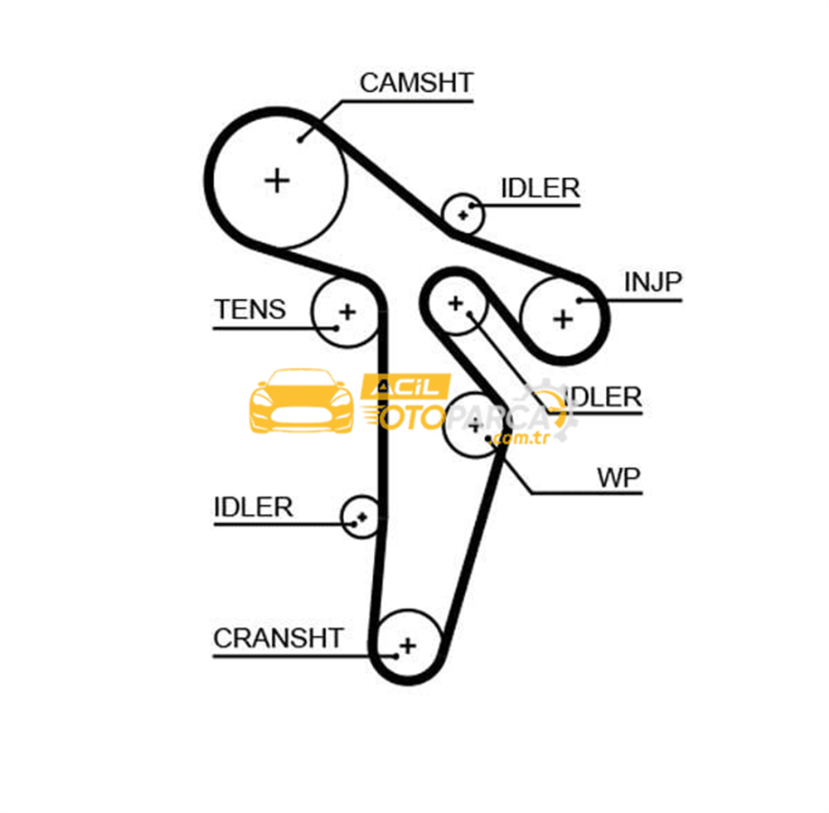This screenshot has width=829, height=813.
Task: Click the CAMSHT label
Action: [416, 83]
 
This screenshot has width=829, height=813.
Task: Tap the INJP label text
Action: [653, 282]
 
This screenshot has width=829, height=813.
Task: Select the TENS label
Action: [250, 309]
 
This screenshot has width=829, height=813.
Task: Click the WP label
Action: [618, 478]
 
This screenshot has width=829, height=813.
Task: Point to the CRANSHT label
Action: [279, 638]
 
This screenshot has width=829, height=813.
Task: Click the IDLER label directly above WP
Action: [603, 397]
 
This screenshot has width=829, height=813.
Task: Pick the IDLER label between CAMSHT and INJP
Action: [540, 188]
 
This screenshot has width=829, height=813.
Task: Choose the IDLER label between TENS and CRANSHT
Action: [253, 507]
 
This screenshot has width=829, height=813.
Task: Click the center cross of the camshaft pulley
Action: [277, 181]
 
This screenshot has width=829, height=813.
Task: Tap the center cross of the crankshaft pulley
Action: [408, 646]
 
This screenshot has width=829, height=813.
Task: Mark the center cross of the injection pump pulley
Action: [563, 319]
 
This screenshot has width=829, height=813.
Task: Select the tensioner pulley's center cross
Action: [347, 312]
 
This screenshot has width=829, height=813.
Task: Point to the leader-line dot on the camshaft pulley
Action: [300, 140]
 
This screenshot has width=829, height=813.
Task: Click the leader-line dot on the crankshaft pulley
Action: [396, 656]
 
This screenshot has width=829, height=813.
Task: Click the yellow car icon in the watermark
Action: [302, 400]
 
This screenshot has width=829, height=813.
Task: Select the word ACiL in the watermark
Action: [405, 387]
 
